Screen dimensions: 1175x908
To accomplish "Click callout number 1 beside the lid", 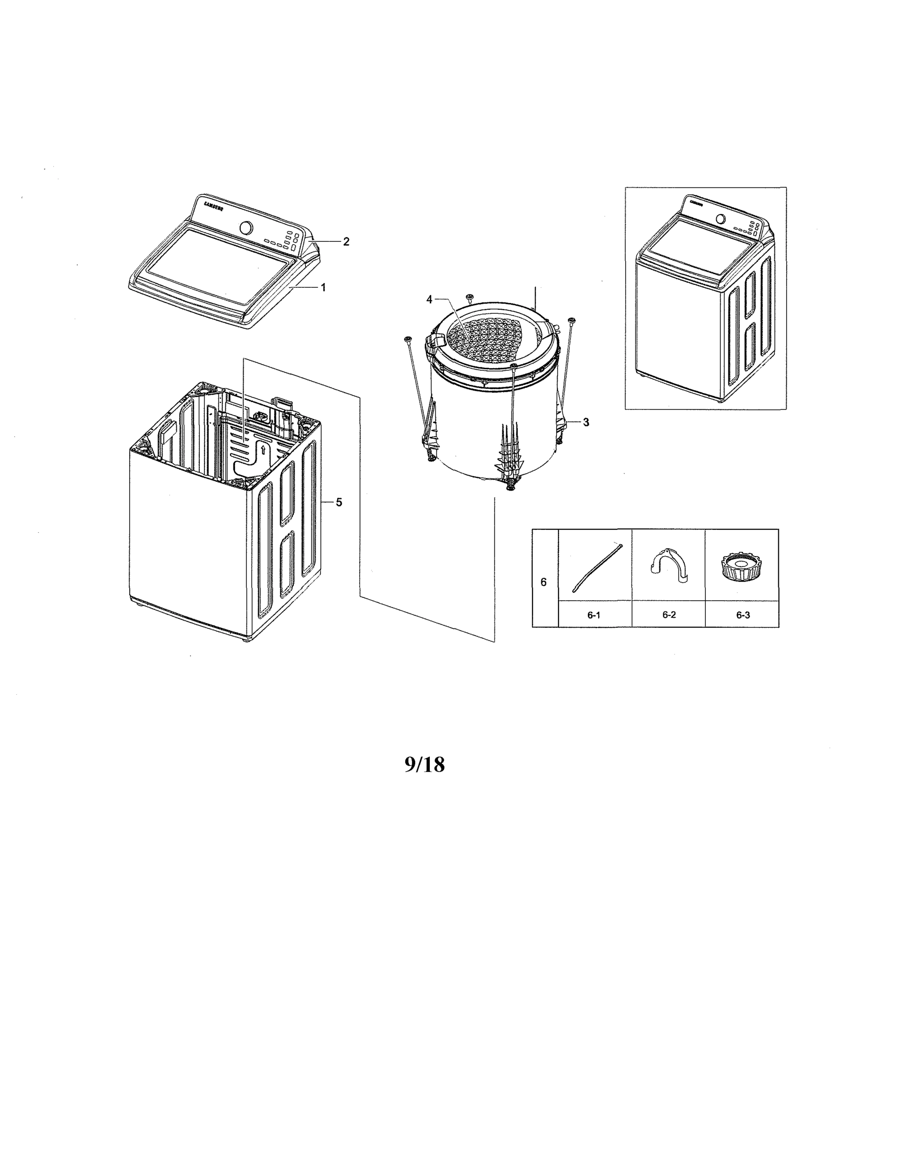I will coord(323,288).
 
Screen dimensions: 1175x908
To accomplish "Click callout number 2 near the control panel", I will coord(346,241).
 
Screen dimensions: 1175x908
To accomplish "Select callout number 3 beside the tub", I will coord(586,423).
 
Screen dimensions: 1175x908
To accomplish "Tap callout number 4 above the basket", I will coord(429,300).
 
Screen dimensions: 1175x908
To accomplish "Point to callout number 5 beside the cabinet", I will coord(338,502).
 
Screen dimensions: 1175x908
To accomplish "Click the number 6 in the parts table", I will coord(543,582).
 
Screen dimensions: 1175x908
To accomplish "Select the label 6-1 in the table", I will coord(593,615).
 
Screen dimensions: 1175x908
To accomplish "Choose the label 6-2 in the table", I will coord(669,615).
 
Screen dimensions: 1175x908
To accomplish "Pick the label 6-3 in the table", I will coord(743,615).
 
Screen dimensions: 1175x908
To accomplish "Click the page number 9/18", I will coord(424,765).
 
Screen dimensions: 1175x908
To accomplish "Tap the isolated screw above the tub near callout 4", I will coord(469,298).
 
